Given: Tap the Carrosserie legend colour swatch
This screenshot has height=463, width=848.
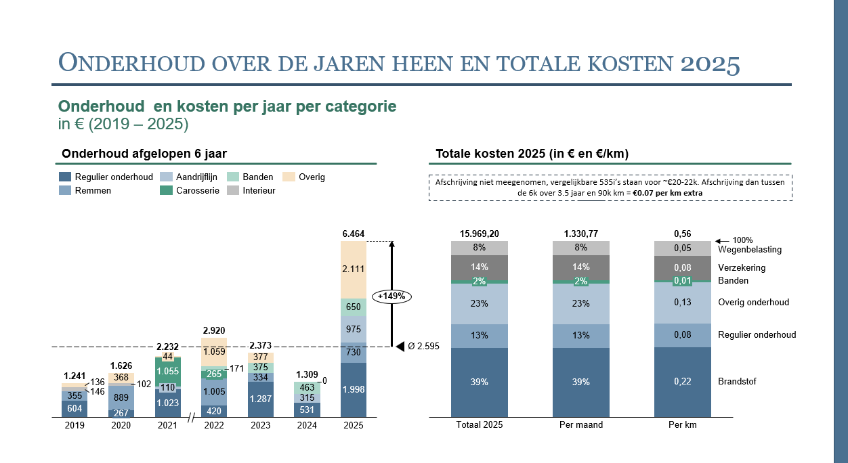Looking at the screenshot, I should point(166,191).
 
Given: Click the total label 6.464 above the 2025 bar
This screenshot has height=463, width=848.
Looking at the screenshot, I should point(354,234).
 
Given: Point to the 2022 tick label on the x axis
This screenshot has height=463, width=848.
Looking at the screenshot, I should point(214,426).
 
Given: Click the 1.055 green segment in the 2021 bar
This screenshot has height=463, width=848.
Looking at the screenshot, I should point(168,372).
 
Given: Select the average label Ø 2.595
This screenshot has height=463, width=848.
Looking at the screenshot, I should point(423,347).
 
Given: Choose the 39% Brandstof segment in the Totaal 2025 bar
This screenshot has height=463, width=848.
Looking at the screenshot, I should point(480,382).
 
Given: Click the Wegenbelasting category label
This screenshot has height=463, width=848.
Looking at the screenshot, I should point(750,249).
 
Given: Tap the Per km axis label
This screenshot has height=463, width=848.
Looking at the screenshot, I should point(682,425).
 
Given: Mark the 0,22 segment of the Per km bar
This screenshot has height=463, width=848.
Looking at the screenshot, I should point(682,382).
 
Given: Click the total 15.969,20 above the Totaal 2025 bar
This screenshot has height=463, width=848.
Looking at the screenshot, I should point(480,234).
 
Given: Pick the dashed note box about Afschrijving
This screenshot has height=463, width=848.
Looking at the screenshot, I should point(610,188).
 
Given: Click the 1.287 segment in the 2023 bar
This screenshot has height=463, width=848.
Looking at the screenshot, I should point(261,399).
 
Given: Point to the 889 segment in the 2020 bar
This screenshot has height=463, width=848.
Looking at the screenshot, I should point(121,397).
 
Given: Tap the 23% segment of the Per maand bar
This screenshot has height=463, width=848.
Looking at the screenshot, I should point(581,303).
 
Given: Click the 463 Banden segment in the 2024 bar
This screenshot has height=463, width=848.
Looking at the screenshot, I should point(307,387).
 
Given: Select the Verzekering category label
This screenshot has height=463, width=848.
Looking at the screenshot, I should point(743,268).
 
